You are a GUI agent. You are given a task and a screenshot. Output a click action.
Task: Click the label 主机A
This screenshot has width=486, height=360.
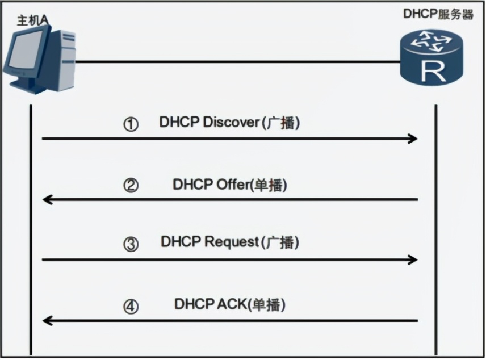(32, 20)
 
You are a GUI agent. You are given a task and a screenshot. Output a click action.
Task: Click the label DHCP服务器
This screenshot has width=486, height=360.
(438, 15)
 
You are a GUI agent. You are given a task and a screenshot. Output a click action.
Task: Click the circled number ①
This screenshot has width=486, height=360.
(131, 124)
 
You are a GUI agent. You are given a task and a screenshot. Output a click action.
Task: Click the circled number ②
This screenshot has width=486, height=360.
(131, 185)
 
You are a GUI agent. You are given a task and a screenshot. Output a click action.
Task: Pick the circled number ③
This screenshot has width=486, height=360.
(131, 245)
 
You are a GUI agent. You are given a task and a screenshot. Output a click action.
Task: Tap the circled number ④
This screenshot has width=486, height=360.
(131, 307)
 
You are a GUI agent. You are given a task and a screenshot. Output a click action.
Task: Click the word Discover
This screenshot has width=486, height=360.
(231, 123)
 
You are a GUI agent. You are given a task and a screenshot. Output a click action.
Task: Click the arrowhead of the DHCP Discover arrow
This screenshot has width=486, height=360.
(414, 139)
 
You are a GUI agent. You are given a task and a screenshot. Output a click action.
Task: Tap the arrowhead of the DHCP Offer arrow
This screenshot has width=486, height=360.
(48, 199)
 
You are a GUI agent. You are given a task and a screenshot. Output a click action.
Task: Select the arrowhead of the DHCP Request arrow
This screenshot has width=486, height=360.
(414, 259)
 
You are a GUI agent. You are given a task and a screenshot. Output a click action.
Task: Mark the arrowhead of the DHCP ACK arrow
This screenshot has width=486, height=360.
(48, 321)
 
